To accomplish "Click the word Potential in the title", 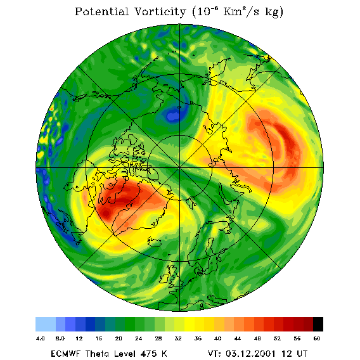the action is point(101,11).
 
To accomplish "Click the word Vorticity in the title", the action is point(160,11).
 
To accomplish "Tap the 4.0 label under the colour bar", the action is point(41,338).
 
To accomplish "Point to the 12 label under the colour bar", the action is point(79,338).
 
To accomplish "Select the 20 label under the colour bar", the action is point(119,338).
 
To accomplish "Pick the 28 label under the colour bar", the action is point(158,338).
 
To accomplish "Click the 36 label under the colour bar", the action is point(198,338).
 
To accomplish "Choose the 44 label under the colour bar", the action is point(238,338).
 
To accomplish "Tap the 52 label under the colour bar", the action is point(277,338).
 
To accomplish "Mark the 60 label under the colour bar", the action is point(317,338).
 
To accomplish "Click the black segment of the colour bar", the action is point(318,324).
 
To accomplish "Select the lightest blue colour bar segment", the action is point(46,324).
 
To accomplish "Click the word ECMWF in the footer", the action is point(66,354).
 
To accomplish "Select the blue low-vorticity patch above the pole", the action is point(173,114).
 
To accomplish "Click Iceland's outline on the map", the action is point(154,242).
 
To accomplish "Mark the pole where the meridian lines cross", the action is point(179,168).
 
